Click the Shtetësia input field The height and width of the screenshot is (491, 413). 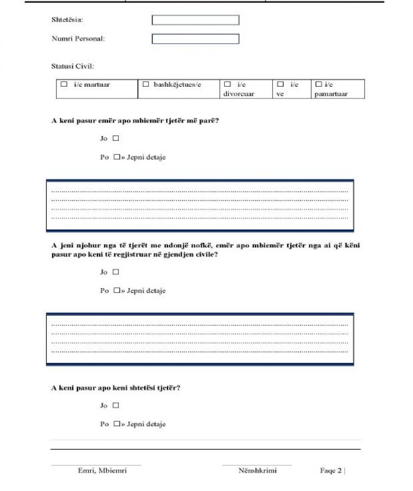pos(195,20)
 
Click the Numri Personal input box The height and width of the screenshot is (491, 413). pos(195,39)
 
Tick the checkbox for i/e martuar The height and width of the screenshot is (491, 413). pos(64,84)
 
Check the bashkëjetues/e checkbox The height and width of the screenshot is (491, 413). pos(146,84)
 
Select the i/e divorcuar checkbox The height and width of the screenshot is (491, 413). pos(227,84)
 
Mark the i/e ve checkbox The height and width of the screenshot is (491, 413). pos(280,84)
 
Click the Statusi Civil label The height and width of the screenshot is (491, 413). pos(73,67)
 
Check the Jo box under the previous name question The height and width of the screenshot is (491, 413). pos(116,138)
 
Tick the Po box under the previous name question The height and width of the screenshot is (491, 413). pos(117,157)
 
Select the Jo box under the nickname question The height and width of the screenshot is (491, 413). pos(116,272)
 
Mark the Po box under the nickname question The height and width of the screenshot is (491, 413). pos(117,290)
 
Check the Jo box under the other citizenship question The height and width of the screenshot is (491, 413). pos(116,405)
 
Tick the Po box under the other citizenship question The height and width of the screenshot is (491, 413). pos(117,424)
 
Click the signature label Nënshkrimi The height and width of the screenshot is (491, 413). pos(257,470)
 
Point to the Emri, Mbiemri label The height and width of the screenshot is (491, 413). pos(102,470)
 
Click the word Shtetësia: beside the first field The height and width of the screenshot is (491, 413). pos(67,20)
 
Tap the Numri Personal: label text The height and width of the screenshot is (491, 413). pos(78,39)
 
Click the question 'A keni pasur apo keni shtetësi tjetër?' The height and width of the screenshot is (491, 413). pos(115,388)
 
